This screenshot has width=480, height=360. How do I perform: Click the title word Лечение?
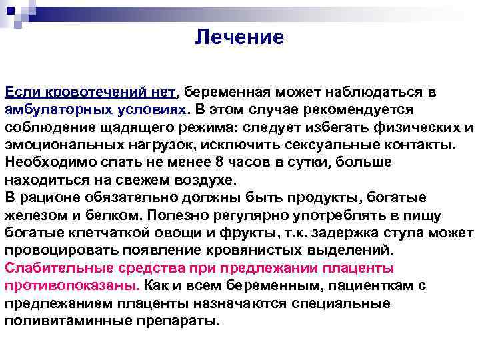tap(239, 37)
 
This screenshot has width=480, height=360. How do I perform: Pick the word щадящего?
tap(146, 127)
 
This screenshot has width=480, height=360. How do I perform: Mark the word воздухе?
tap(201, 180)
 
